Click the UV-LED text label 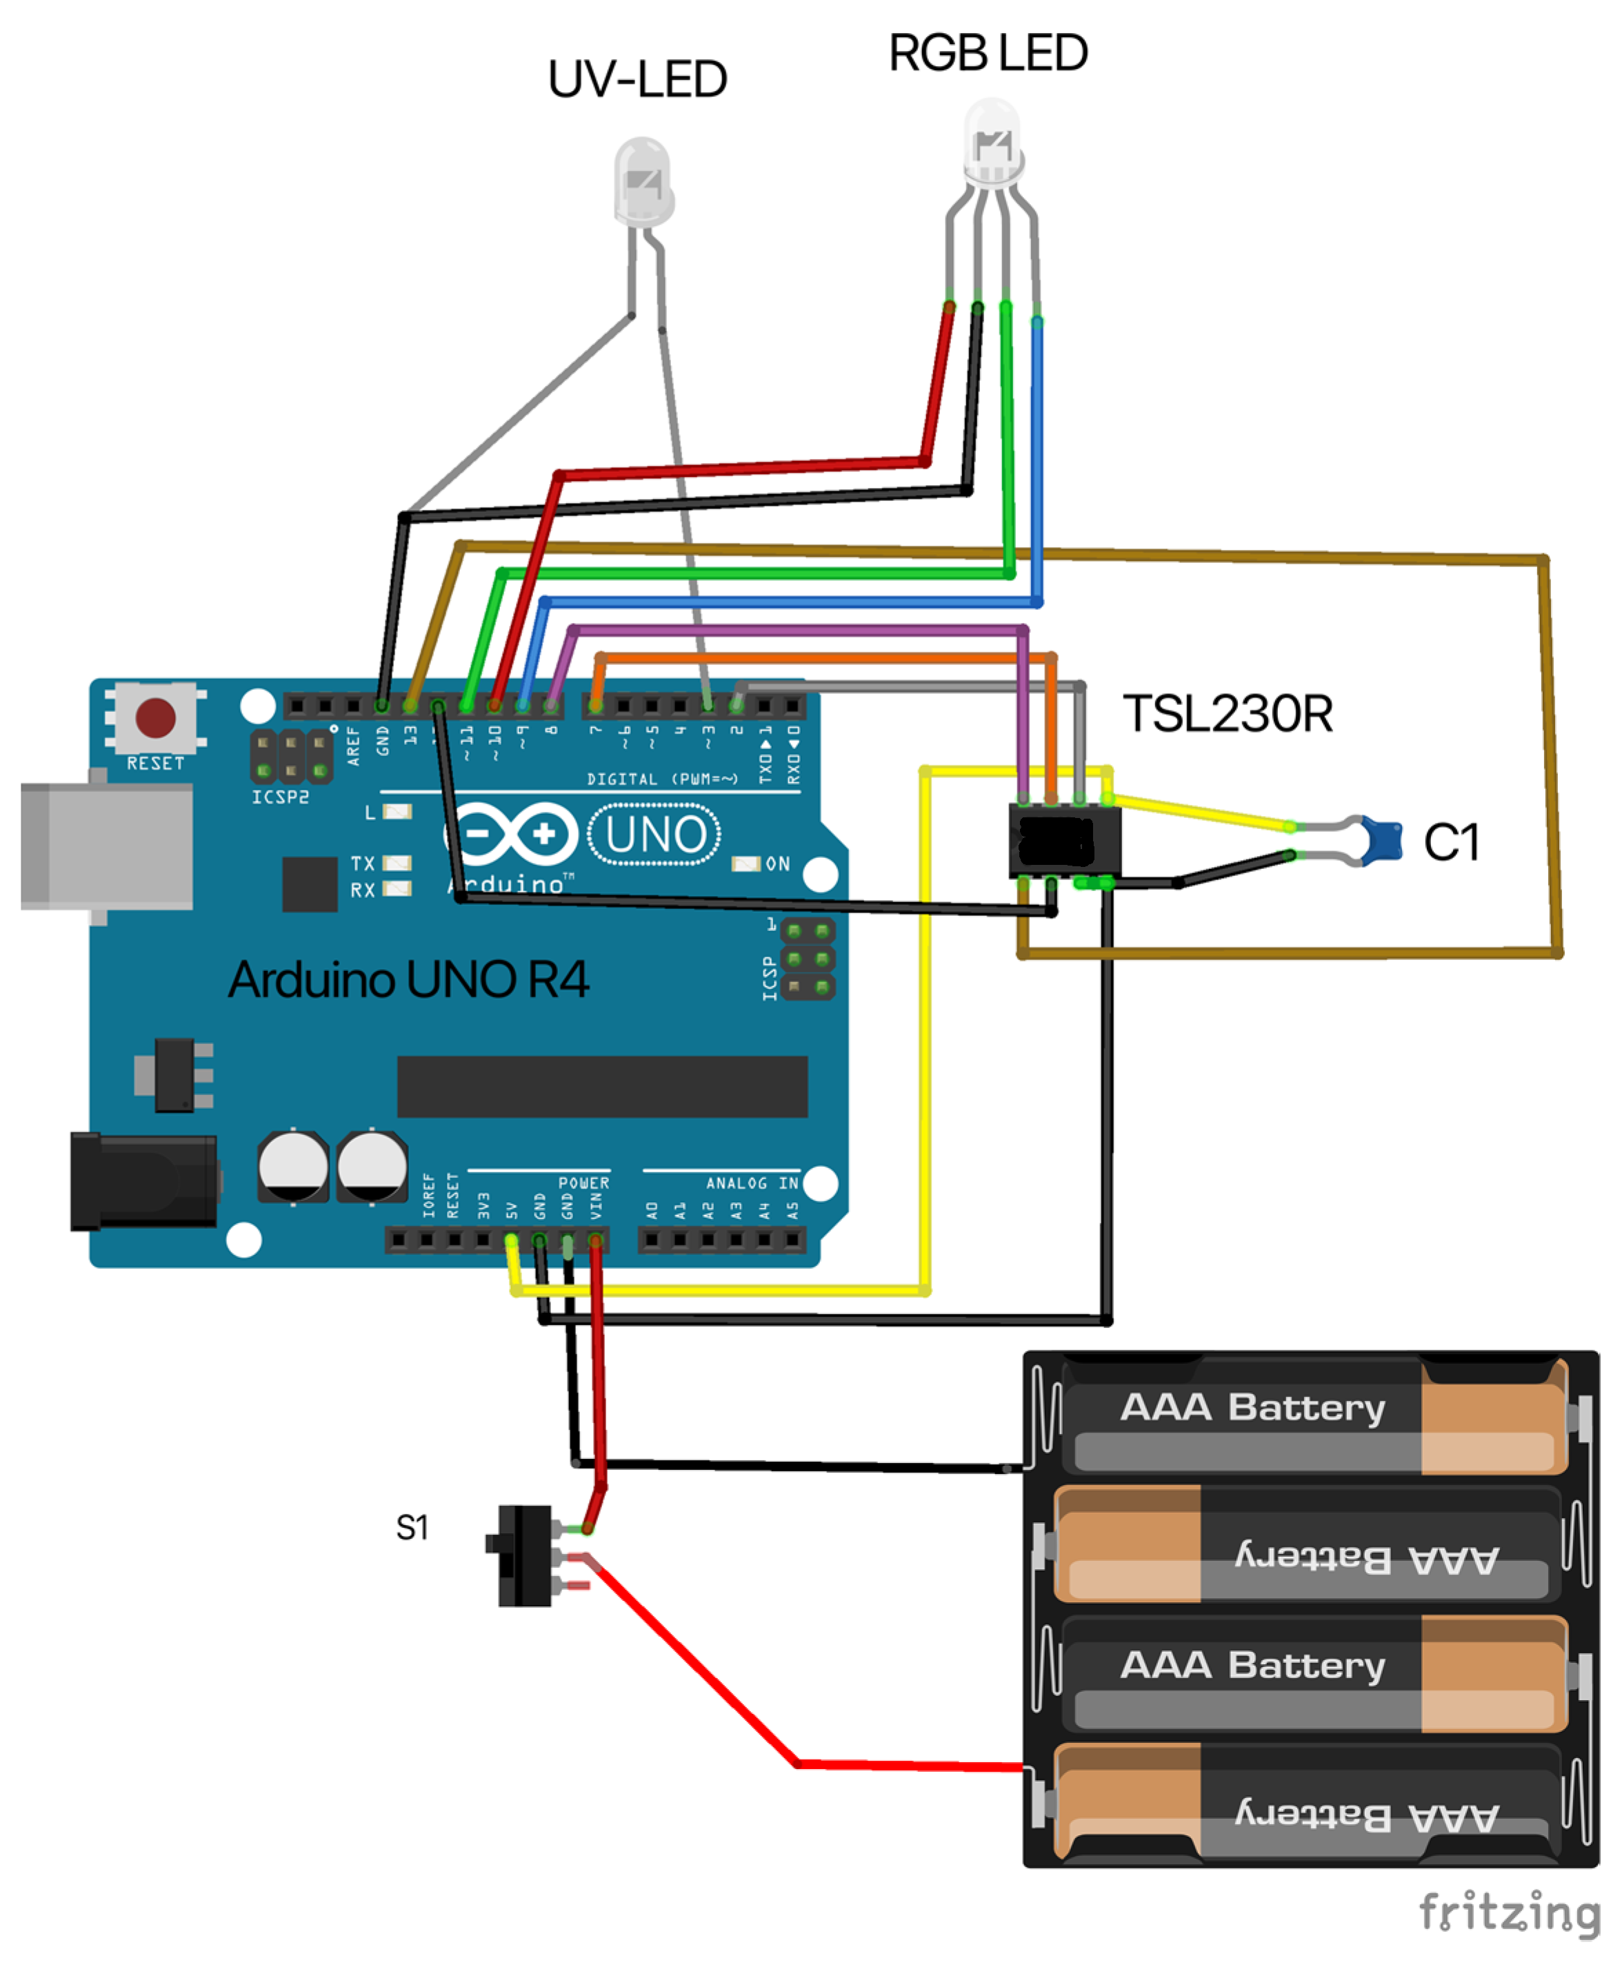[637, 79]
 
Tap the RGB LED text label [988, 53]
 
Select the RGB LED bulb [992, 145]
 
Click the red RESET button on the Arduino [155, 717]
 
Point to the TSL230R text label [1226, 715]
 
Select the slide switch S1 [523, 1555]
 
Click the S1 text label [411, 1528]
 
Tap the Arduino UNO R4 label [408, 979]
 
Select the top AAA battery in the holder [1308, 1416]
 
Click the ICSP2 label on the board [279, 797]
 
